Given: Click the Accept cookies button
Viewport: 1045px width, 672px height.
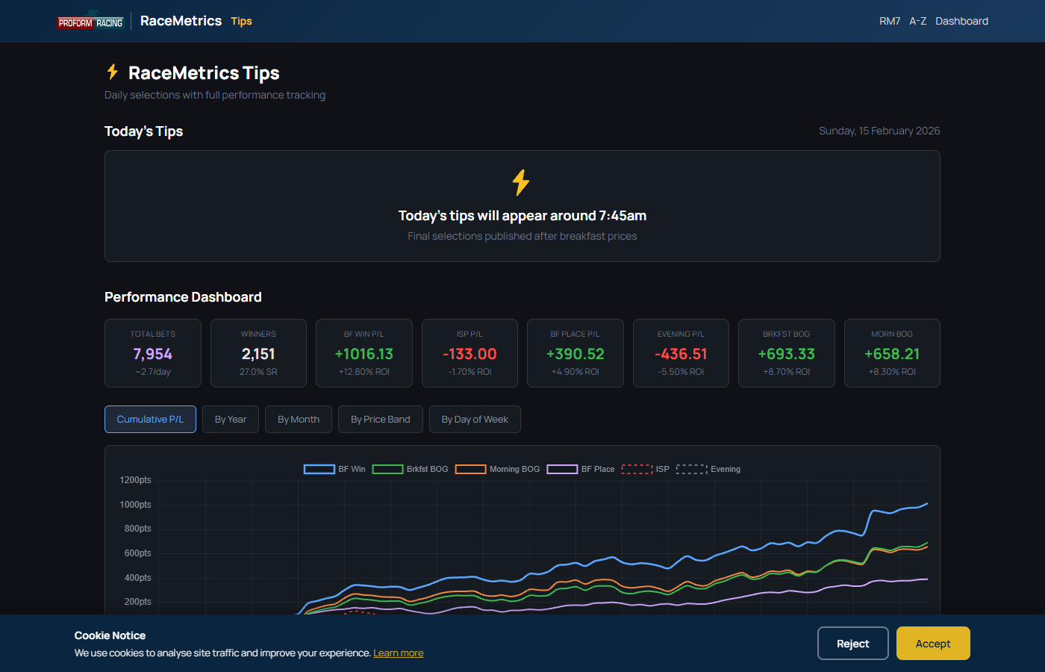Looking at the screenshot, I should pos(932,643).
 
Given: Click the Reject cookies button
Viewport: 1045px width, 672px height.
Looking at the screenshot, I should pos(852,643).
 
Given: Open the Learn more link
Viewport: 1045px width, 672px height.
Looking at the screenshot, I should pos(398,653).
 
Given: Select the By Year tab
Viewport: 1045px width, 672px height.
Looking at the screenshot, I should pos(231,419).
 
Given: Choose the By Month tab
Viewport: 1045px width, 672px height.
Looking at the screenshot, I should pos(299,419).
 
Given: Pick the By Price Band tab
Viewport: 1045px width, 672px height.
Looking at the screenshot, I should pos(380,419).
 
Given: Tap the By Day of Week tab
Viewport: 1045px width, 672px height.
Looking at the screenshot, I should pos(475,419).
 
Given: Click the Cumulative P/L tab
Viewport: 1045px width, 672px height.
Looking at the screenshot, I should pos(150,419).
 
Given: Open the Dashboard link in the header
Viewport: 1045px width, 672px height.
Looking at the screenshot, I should pos(961,21).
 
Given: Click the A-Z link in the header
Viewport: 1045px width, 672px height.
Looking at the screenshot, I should pos(917,21).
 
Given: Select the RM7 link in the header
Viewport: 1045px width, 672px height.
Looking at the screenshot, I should pos(890,21).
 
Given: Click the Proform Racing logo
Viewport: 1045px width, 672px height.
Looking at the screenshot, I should pos(90,22).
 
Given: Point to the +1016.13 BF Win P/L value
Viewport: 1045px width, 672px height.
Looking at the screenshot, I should pos(364,354).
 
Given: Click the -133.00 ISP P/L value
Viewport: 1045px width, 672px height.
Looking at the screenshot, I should pos(470,354).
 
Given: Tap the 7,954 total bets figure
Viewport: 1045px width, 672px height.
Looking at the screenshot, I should pos(152,354).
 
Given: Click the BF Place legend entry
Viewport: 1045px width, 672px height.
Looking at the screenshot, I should pos(581,469).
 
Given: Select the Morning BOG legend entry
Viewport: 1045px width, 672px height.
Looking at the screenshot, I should pos(497,469).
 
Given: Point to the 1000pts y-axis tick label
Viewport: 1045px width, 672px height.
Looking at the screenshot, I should pos(135,505).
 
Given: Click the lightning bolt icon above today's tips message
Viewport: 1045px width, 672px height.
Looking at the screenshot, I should pos(521,182).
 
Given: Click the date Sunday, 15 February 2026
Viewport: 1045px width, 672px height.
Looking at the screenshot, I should pos(879,131).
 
